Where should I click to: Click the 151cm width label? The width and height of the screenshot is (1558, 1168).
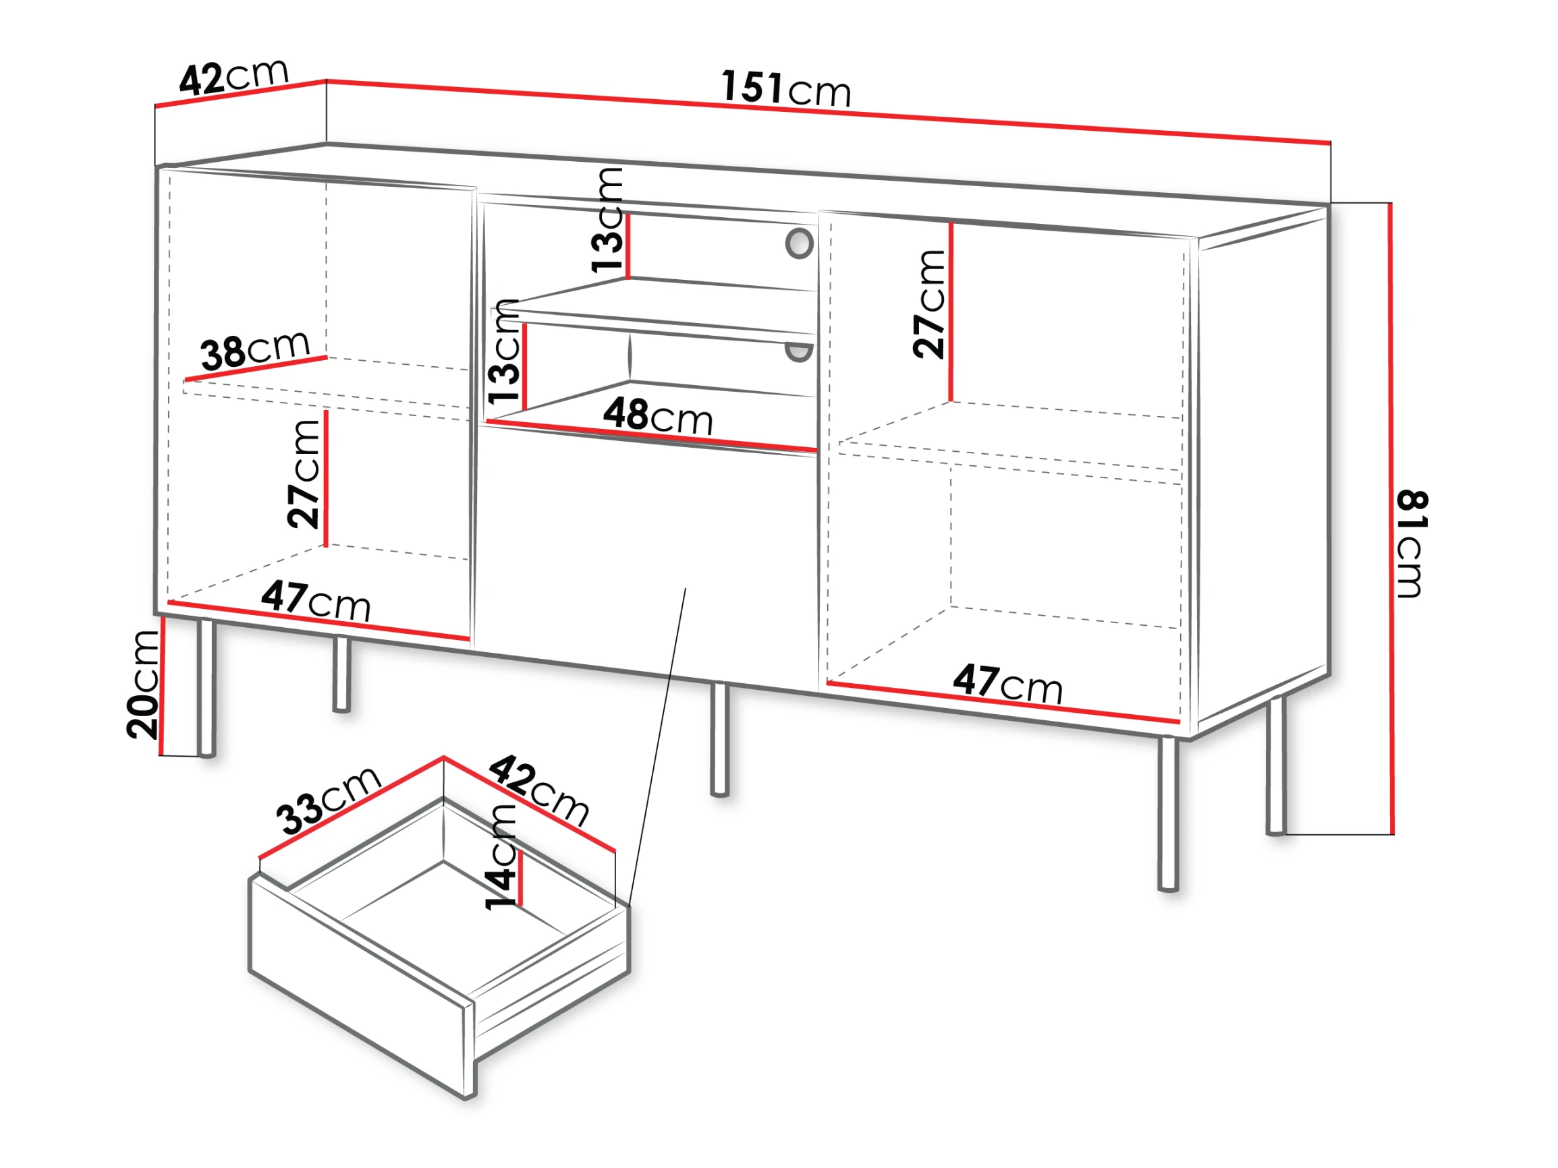pyautogui.click(x=786, y=89)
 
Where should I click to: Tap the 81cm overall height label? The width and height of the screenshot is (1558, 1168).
pyautogui.click(x=1412, y=544)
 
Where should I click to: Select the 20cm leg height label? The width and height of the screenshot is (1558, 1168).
pyautogui.click(x=143, y=684)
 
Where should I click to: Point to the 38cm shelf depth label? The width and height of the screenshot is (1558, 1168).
pyautogui.click(x=255, y=349)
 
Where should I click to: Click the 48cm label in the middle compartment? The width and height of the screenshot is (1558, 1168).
pyautogui.click(x=658, y=416)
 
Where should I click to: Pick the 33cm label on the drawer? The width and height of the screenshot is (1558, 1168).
pyautogui.click(x=328, y=800)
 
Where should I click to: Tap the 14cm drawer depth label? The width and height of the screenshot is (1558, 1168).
pyautogui.click(x=501, y=857)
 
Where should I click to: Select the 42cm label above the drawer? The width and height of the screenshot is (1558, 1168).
pyautogui.click(x=539, y=790)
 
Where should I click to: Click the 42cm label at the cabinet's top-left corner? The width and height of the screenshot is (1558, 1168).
pyautogui.click(x=234, y=76)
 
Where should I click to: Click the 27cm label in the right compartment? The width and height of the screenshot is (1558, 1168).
pyautogui.click(x=929, y=304)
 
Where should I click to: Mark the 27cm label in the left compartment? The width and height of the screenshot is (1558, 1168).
pyautogui.click(x=304, y=474)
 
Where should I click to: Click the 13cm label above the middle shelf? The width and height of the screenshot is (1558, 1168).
pyautogui.click(x=607, y=220)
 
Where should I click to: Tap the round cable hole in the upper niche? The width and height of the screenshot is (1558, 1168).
pyautogui.click(x=800, y=243)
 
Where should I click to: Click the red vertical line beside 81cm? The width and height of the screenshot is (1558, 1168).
pyautogui.click(x=1391, y=519)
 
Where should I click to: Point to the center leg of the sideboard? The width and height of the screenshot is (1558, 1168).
pyautogui.click(x=719, y=738)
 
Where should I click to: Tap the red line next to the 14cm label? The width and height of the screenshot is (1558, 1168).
pyautogui.click(x=520, y=879)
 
